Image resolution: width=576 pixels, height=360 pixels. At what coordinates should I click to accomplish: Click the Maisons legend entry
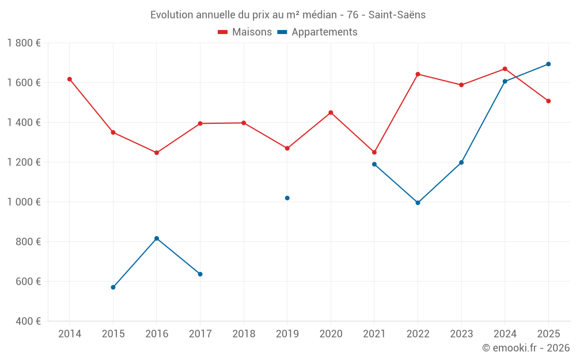(245, 32)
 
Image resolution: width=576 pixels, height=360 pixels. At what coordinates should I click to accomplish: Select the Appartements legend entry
(317, 32)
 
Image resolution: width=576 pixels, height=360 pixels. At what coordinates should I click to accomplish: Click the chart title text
(288, 15)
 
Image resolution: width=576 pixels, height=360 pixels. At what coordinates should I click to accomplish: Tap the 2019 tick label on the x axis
(287, 334)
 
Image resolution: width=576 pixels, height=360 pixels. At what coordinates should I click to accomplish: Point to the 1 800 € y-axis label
(24, 43)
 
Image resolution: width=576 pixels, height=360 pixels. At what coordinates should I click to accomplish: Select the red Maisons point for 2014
(70, 79)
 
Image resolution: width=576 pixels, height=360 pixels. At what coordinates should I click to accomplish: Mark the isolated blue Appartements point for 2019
(287, 198)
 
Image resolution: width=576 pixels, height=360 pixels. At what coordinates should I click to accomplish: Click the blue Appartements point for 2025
(548, 64)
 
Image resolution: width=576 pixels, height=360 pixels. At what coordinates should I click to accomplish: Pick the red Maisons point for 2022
(418, 74)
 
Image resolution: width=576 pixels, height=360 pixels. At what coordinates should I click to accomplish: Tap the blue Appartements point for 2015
(113, 287)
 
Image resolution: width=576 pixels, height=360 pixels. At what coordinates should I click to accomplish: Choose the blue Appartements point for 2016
(157, 238)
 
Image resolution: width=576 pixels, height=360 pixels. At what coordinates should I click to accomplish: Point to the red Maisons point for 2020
(331, 112)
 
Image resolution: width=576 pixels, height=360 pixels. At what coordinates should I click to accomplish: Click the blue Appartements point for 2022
(418, 203)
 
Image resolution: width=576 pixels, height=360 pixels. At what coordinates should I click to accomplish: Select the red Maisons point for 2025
(548, 101)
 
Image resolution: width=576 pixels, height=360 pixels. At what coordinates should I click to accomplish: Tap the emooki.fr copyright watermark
(525, 348)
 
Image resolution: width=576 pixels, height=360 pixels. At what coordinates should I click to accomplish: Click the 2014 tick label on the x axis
(70, 334)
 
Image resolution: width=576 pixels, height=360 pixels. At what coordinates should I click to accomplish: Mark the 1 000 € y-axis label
(24, 202)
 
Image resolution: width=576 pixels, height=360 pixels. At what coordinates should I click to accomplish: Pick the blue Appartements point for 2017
(200, 274)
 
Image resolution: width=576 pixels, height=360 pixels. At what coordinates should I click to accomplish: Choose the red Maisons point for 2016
(157, 153)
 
